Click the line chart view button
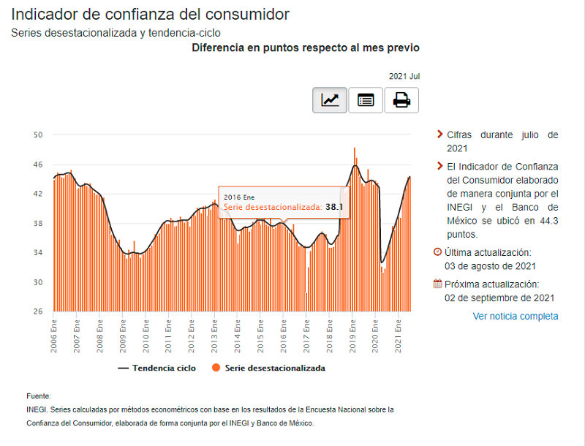coord(330,100)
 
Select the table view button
coord(366,100)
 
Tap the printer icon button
coord(401,100)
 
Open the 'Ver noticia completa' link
coord(516,316)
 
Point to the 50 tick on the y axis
coord(39,135)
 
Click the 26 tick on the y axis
coord(39,311)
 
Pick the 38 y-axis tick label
coord(39,223)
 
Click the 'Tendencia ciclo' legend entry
coord(156,368)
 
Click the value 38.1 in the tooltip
coord(334,208)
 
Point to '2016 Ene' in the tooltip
coord(239,197)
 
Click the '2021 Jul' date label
coord(404,76)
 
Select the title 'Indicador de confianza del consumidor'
coord(151,14)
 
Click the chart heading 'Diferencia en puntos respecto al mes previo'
coord(305,48)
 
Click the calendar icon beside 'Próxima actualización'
coord(437,284)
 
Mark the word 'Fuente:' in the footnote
coord(38,396)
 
